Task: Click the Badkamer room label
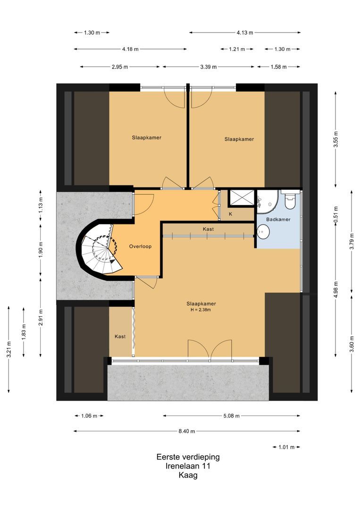[278, 219]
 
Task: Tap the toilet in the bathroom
[290, 200]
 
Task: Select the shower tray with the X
[242, 198]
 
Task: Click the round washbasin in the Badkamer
[263, 231]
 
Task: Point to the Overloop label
[140, 246]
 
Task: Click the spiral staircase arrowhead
[112, 260]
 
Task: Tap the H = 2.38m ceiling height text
[201, 310]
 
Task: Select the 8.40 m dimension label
[187, 431]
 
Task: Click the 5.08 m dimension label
[231, 416]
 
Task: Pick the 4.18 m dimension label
[130, 49]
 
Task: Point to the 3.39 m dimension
[208, 67]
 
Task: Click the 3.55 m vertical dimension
[336, 139]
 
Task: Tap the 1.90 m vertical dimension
[41, 250]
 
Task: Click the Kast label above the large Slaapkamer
[208, 229]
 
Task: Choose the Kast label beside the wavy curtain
[120, 336]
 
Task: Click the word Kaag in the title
[188, 475]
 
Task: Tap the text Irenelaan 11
[188, 466]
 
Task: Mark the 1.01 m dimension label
[286, 447]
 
